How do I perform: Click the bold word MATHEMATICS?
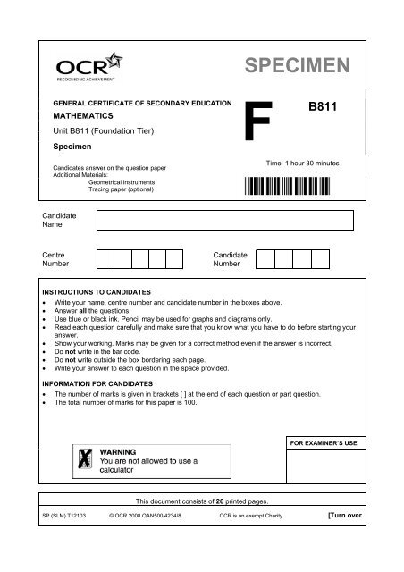click(x=86, y=115)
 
